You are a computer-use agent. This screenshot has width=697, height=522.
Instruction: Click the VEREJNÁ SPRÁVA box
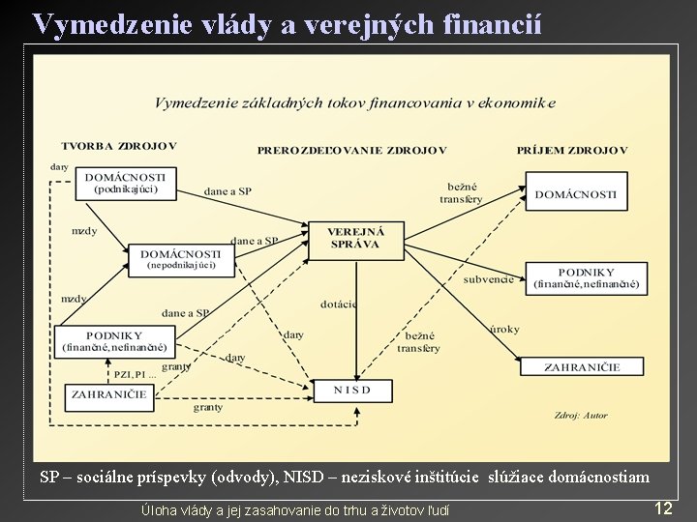coord(355,239)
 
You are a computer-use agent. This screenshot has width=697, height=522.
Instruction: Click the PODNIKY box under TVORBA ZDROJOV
coord(115,340)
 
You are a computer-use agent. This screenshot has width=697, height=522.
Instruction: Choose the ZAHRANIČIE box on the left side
coord(107,394)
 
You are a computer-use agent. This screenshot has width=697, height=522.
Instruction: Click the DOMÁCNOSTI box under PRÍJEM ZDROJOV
coord(575,193)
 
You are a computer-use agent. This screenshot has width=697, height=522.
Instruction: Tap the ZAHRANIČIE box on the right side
coord(581,366)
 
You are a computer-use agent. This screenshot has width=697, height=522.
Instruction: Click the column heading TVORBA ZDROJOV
coord(119,147)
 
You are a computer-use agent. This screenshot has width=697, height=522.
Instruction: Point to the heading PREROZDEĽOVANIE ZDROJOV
coord(351,150)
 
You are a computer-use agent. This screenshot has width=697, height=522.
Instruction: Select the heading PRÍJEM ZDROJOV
coord(571,150)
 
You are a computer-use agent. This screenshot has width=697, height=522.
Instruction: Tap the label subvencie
coord(488,279)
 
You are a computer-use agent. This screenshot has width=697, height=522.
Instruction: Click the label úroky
coord(504,329)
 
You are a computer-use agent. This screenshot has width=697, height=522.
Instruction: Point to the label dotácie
coord(338,304)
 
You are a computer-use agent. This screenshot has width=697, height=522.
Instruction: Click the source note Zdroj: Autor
coord(582,416)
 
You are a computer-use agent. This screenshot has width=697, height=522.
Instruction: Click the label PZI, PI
coord(133,374)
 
